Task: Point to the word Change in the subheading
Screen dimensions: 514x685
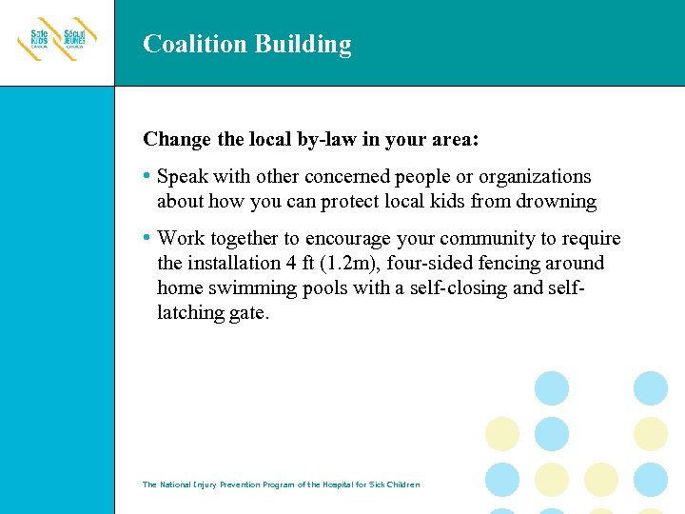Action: point(177,140)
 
